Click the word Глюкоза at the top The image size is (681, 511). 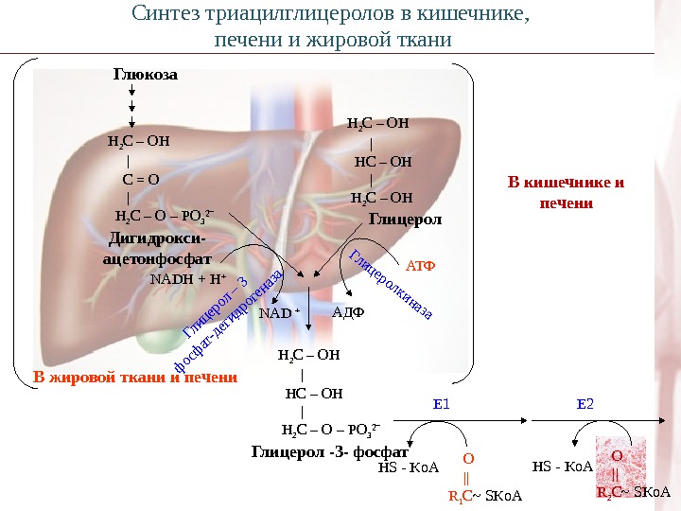(x=146, y=74)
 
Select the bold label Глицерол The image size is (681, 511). (x=405, y=220)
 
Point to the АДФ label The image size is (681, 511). (x=350, y=312)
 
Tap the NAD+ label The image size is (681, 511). (x=279, y=313)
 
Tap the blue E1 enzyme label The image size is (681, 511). (x=442, y=404)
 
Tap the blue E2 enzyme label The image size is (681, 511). (x=585, y=404)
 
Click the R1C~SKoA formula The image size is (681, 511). (x=484, y=495)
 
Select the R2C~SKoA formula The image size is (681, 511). (x=633, y=492)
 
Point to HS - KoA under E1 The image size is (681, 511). (x=410, y=467)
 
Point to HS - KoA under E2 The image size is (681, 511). (x=562, y=467)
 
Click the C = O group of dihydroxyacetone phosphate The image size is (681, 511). (x=141, y=178)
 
